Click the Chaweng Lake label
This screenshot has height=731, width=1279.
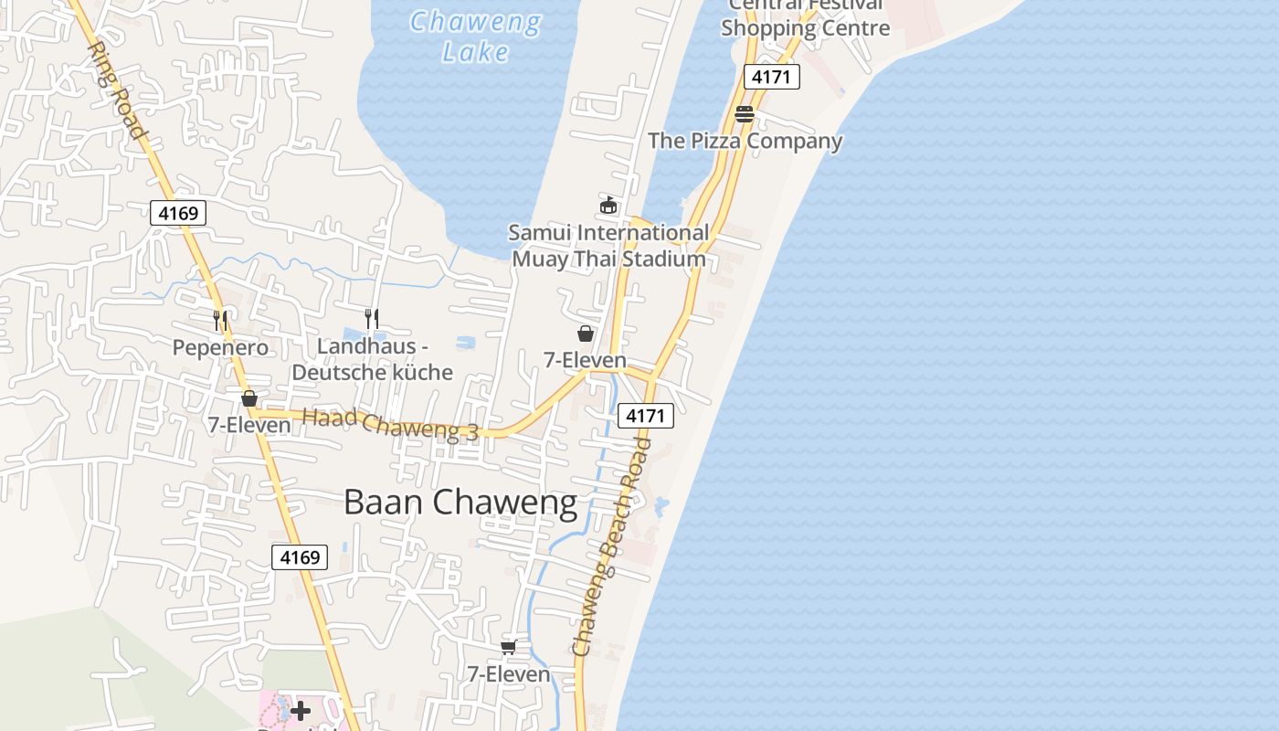pyautogui.click(x=474, y=36)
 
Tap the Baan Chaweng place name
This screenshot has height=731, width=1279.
pyautogui.click(x=460, y=503)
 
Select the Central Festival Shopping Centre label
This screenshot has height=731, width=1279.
pyautogui.click(x=805, y=18)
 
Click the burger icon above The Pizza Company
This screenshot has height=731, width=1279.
pyautogui.click(x=745, y=114)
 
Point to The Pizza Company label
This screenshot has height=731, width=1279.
pyautogui.click(x=745, y=141)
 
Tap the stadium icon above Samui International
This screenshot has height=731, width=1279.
pyautogui.click(x=608, y=205)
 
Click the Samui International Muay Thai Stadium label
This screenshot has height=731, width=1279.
pyautogui.click(x=608, y=246)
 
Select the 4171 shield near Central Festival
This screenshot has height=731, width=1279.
pyautogui.click(x=771, y=77)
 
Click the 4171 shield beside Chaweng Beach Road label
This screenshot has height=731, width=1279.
pyautogui.click(x=646, y=416)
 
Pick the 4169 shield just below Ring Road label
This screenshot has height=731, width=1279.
pyautogui.click(x=178, y=214)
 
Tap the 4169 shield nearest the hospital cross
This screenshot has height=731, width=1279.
pyautogui.click(x=300, y=557)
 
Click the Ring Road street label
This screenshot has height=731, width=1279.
pyautogui.click(x=117, y=90)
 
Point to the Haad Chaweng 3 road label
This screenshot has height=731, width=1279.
pyautogui.click(x=390, y=425)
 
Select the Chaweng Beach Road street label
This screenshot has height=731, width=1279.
pyautogui.click(x=611, y=546)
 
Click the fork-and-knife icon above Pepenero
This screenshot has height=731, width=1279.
pyautogui.click(x=220, y=320)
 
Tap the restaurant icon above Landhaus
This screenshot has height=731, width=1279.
pyautogui.click(x=371, y=319)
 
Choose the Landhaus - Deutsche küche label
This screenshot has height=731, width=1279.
pyautogui.click(x=372, y=359)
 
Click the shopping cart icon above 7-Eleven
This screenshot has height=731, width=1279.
pyautogui.click(x=509, y=647)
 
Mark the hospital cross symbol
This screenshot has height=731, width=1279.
pyautogui.click(x=300, y=711)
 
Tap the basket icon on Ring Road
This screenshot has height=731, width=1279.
pyautogui.click(x=248, y=398)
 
